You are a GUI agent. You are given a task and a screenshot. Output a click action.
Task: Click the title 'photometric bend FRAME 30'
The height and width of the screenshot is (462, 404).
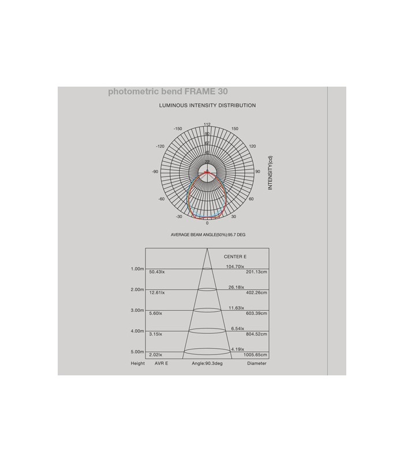(x=167, y=92)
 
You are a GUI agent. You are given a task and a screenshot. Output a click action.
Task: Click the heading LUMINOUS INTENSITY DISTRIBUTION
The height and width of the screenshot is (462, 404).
(x=207, y=106)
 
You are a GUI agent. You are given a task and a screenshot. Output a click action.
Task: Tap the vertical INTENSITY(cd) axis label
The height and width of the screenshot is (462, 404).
(x=270, y=173)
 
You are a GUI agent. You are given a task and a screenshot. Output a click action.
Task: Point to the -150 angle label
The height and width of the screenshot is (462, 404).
(x=178, y=129)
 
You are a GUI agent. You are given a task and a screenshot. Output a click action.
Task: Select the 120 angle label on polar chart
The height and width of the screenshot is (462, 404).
(x=252, y=146)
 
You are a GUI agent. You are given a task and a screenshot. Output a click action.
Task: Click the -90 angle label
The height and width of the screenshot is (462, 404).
(x=155, y=172)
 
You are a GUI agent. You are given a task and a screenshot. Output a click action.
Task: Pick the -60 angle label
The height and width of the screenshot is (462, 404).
(x=161, y=199)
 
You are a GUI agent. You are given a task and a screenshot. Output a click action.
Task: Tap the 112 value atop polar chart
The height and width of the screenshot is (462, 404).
(x=207, y=124)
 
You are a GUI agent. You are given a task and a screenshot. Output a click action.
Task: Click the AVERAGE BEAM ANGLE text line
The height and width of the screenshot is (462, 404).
(x=208, y=235)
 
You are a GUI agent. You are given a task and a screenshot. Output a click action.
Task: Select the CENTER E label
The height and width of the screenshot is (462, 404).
(x=235, y=256)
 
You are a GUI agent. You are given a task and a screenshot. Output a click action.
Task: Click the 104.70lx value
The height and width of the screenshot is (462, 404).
(x=235, y=266)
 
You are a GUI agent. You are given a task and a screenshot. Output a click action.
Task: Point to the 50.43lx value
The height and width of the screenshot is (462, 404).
(x=157, y=272)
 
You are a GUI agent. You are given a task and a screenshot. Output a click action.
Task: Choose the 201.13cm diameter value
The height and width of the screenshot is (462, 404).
(x=256, y=272)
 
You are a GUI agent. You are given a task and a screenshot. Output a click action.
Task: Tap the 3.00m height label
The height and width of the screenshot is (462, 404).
(x=137, y=310)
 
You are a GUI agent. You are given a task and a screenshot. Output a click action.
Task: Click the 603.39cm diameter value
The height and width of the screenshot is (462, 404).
(x=256, y=314)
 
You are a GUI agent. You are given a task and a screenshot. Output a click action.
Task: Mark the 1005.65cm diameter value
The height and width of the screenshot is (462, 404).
(x=255, y=355)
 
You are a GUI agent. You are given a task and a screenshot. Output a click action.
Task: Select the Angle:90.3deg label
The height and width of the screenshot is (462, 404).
(x=207, y=364)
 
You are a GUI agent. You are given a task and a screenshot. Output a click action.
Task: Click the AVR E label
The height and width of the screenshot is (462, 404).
(x=161, y=364)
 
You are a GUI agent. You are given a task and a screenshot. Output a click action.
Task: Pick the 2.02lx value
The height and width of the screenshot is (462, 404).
(x=156, y=355)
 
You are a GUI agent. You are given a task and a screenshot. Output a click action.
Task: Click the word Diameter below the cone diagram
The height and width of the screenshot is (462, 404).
(x=257, y=364)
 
